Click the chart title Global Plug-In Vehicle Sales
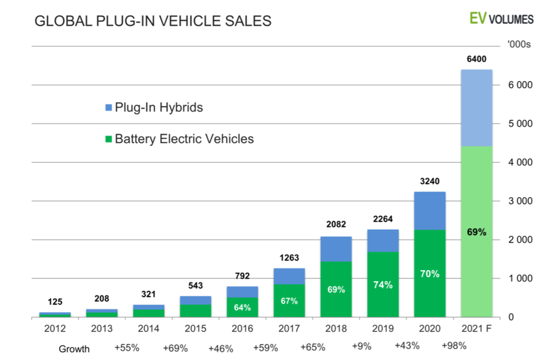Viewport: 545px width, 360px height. point(152,21)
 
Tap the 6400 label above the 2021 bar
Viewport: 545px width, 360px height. point(475,59)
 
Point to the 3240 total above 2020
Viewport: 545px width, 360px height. point(429,181)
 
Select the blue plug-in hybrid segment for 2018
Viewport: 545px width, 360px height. point(336,249)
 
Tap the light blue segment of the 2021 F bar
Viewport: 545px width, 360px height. point(476,107)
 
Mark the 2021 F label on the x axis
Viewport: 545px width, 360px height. point(476,328)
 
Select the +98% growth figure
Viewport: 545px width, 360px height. point(454,345)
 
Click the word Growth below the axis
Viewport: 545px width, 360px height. point(74,348)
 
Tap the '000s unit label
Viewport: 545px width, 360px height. point(518,45)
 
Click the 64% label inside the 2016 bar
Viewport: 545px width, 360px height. point(242,307)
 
